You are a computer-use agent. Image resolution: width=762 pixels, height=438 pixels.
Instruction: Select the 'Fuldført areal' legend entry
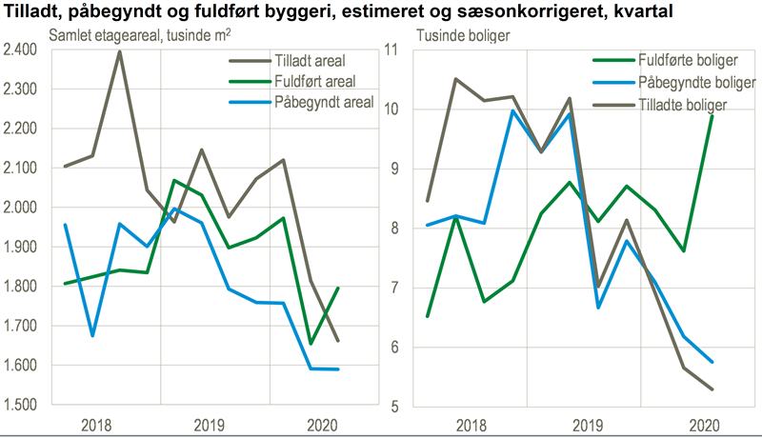point(311,82)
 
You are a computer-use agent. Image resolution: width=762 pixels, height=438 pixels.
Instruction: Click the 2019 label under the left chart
point(213,424)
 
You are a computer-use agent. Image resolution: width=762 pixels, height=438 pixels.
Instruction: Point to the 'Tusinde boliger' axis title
point(464,35)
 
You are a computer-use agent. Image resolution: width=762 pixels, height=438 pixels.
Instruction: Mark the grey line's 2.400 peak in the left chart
point(120,50)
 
